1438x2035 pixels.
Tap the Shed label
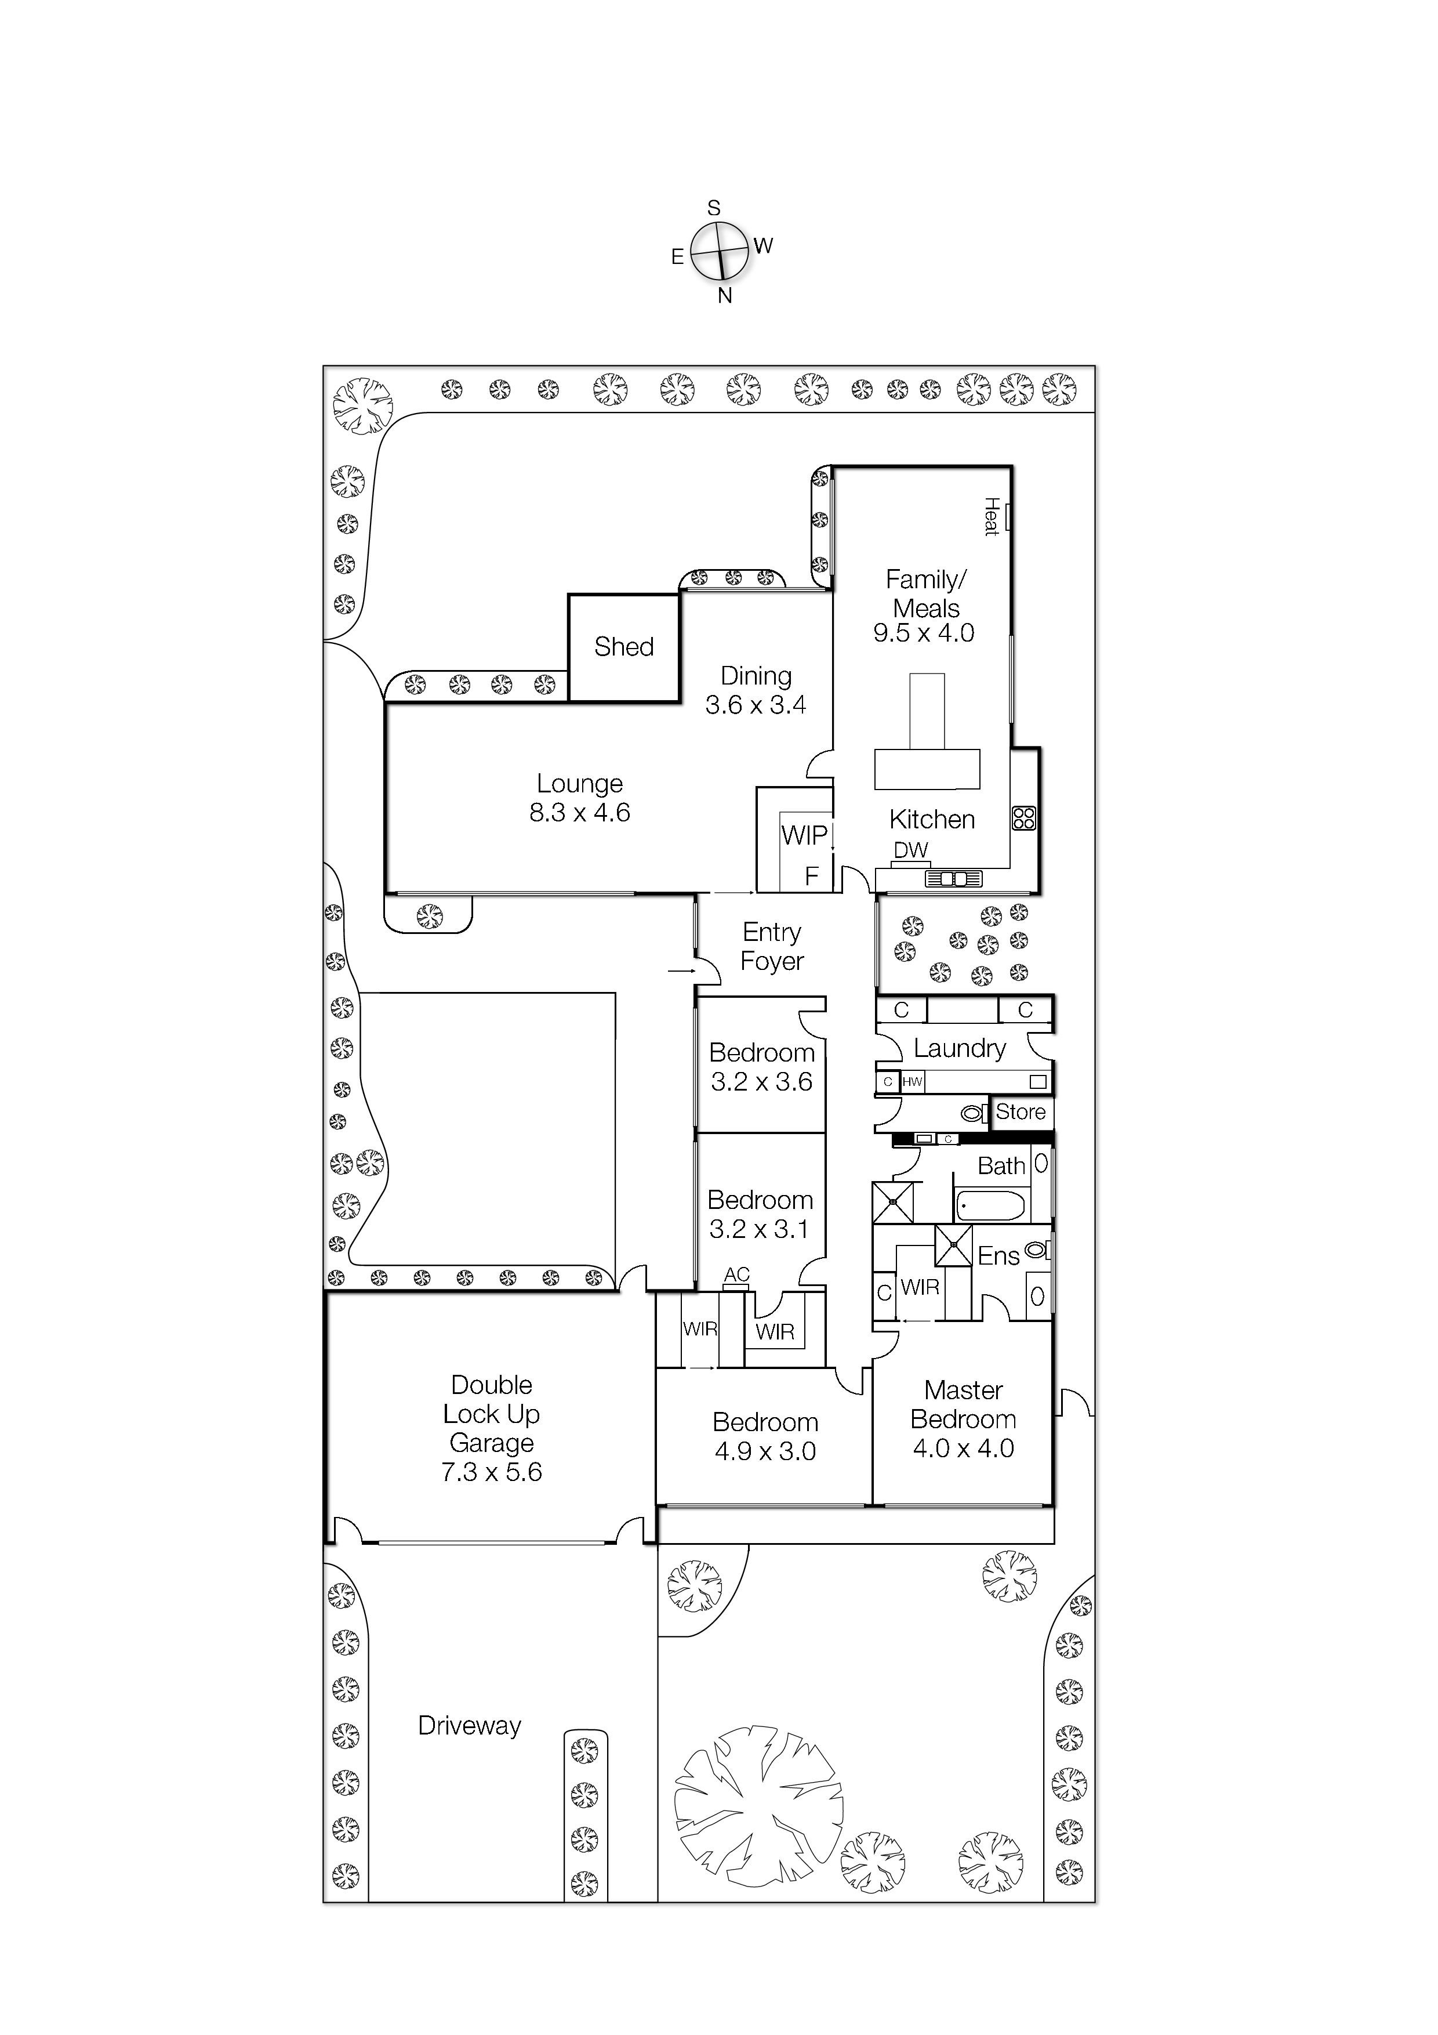click(x=624, y=647)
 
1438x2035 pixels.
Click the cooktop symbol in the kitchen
click(x=1023, y=817)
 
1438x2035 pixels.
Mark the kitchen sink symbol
click(x=953, y=879)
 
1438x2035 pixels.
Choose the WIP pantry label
click(x=804, y=835)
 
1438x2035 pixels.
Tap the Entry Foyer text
click(x=772, y=947)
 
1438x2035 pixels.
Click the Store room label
click(x=1020, y=1112)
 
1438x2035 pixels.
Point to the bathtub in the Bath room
click(x=990, y=1206)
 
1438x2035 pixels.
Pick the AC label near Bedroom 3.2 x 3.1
click(x=736, y=1274)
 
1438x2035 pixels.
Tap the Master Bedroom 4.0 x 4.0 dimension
click(x=963, y=1449)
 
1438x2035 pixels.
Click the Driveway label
click(x=470, y=1726)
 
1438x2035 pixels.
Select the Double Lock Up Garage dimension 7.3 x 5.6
click(x=491, y=1472)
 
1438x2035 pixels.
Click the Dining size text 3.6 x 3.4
click(x=755, y=705)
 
